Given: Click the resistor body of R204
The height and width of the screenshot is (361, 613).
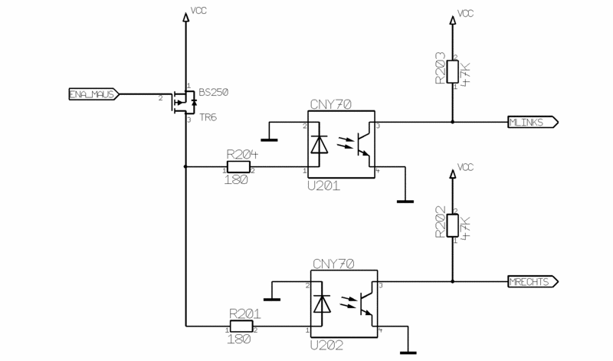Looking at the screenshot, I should tap(239, 168).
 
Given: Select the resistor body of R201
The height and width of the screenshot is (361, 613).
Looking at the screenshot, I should tap(242, 329).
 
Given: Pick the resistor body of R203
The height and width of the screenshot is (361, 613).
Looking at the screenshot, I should tap(453, 73).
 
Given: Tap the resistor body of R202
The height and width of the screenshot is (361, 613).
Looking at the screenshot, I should tap(453, 226).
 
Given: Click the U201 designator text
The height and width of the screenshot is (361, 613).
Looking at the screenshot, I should tap(323, 185).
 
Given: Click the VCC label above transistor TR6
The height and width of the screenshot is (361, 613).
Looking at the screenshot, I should tap(198, 12).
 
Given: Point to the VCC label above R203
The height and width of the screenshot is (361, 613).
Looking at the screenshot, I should tap(465, 13).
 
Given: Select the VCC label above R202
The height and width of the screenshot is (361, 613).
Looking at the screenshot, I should tap(465, 166).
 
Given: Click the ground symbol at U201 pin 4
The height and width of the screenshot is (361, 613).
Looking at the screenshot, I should tap(405, 202).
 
